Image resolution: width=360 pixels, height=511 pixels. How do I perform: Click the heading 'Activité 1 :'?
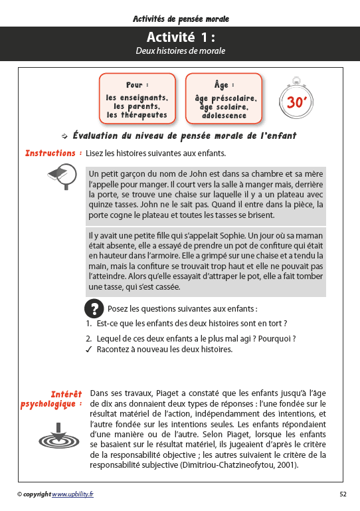point(181,38)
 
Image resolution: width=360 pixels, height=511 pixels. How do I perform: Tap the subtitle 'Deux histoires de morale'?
point(181,51)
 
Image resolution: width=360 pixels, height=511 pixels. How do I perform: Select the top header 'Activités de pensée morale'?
point(181,19)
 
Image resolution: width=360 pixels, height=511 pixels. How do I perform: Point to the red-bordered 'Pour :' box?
point(137,100)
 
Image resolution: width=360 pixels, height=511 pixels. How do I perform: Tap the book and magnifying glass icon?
point(64,176)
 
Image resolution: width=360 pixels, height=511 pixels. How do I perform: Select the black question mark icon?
point(95,308)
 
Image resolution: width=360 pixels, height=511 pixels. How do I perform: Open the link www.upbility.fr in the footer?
point(72,494)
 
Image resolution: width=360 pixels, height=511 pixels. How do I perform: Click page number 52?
point(343,494)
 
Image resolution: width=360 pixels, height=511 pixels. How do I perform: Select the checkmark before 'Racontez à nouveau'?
point(88,349)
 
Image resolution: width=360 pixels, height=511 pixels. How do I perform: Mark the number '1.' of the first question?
point(88,324)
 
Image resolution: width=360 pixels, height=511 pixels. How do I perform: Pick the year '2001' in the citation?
point(284,464)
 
